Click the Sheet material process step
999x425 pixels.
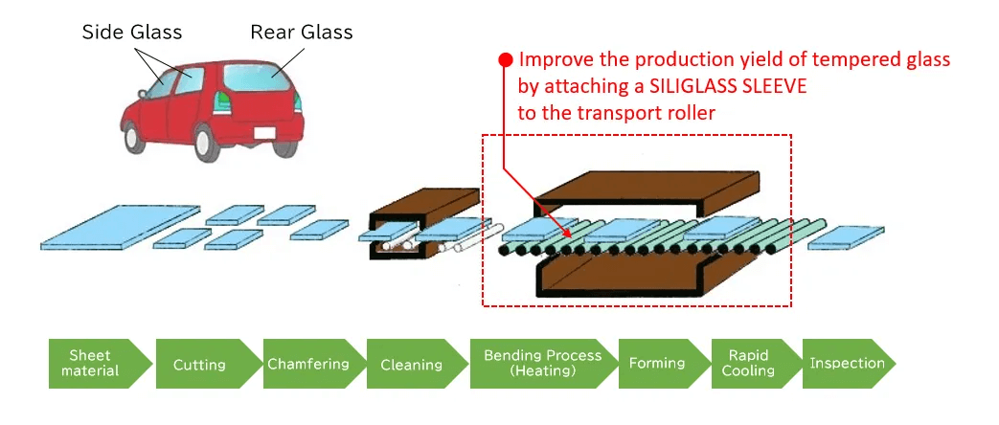pyautogui.click(x=93, y=364)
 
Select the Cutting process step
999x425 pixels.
pyautogui.click(x=199, y=364)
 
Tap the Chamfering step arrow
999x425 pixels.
pyautogui.click(x=307, y=364)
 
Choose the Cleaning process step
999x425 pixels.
pyautogui.click(x=412, y=364)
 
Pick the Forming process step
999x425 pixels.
pyautogui.click(x=657, y=364)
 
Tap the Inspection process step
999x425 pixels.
pyautogui.click(x=847, y=364)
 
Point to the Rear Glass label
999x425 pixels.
pyautogui.click(x=302, y=33)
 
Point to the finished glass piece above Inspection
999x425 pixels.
pyautogui.click(x=846, y=236)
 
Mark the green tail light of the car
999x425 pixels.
pyautogui.click(x=223, y=99)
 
